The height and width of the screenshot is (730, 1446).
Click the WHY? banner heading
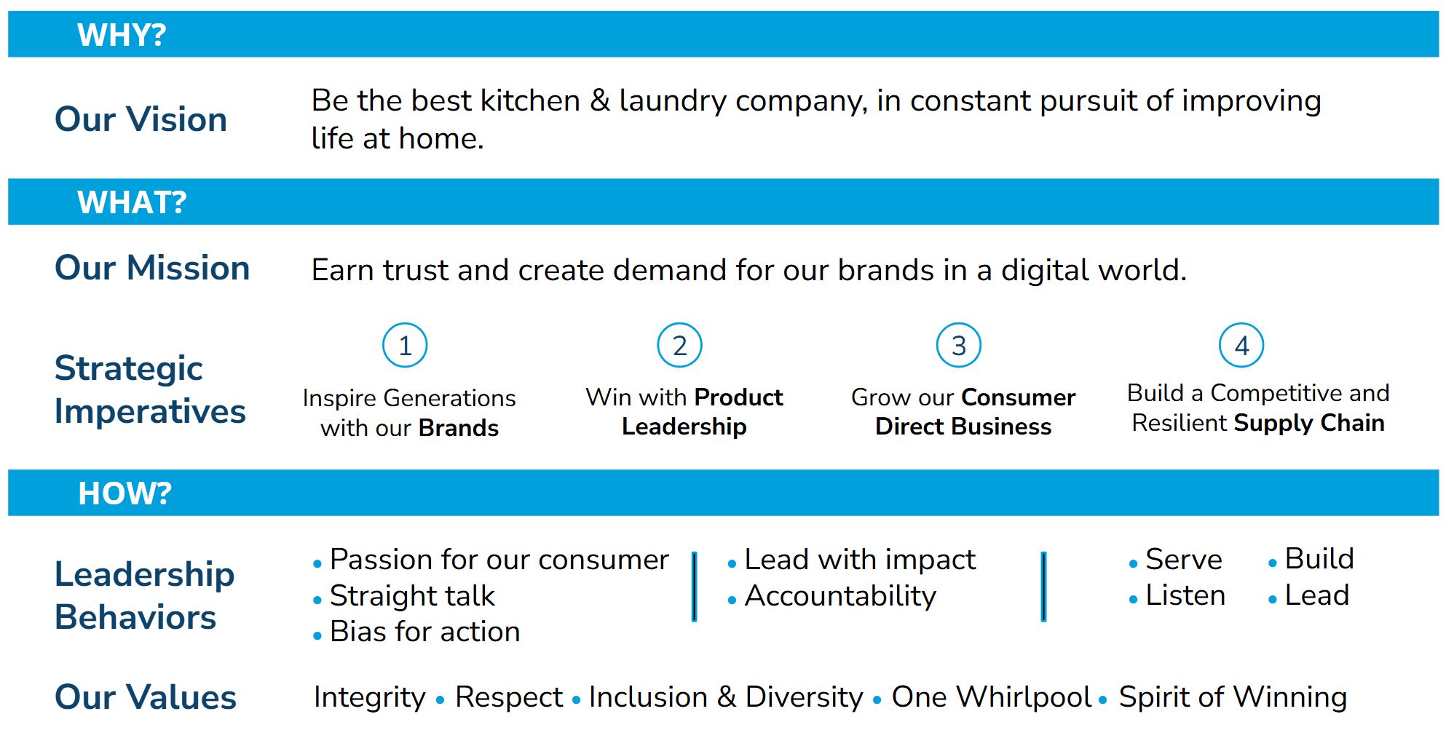click(x=122, y=35)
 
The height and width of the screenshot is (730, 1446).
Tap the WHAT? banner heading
click(x=132, y=202)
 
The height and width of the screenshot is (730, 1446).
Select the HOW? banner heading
click(x=125, y=493)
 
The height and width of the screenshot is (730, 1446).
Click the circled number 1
click(x=405, y=346)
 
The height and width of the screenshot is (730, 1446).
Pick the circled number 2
click(x=679, y=346)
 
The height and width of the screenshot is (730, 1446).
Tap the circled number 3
click(x=959, y=346)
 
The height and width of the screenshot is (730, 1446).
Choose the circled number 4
click(x=1241, y=346)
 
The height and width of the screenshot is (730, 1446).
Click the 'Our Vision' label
click(x=141, y=119)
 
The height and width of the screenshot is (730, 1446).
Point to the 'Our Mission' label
click(x=153, y=268)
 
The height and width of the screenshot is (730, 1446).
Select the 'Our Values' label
click(x=146, y=697)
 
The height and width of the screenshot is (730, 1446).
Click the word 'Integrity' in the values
click(x=370, y=697)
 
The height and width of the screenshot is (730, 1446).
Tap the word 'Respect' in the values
click(x=509, y=697)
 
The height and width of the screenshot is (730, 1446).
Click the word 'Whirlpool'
click(x=1024, y=697)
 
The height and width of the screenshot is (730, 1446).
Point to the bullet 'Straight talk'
click(x=412, y=596)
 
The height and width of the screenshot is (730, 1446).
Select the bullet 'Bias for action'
click(x=425, y=632)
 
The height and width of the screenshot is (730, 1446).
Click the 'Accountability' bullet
click(x=840, y=596)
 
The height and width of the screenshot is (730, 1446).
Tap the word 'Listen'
click(x=1185, y=595)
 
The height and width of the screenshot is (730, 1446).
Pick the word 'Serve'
click(x=1184, y=560)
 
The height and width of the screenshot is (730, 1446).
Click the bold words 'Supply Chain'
click(x=1309, y=423)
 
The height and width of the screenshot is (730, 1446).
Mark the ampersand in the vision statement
click(x=600, y=100)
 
